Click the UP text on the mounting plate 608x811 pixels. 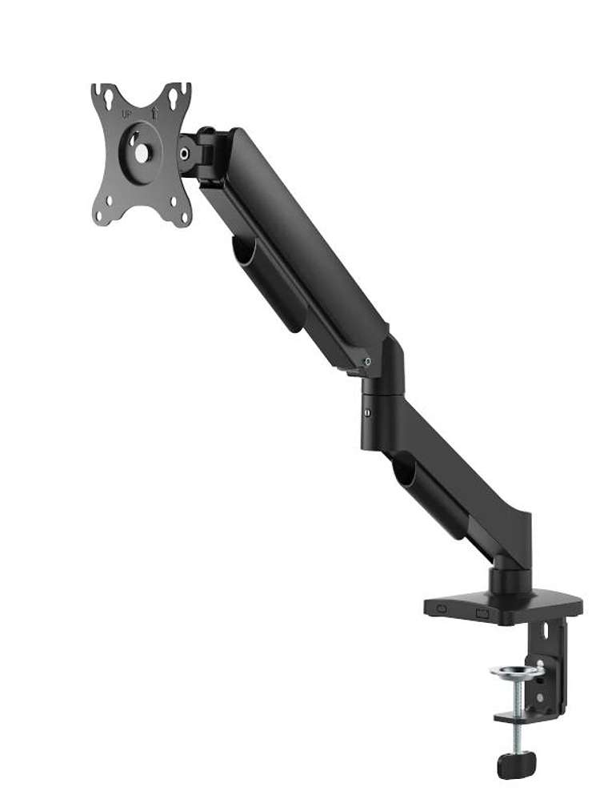(x=126, y=114)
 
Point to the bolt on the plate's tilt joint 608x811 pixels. (x=185, y=151)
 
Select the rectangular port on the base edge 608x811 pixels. (x=482, y=613)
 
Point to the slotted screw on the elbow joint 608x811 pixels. (x=367, y=413)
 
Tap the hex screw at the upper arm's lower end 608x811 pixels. (x=367, y=362)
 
